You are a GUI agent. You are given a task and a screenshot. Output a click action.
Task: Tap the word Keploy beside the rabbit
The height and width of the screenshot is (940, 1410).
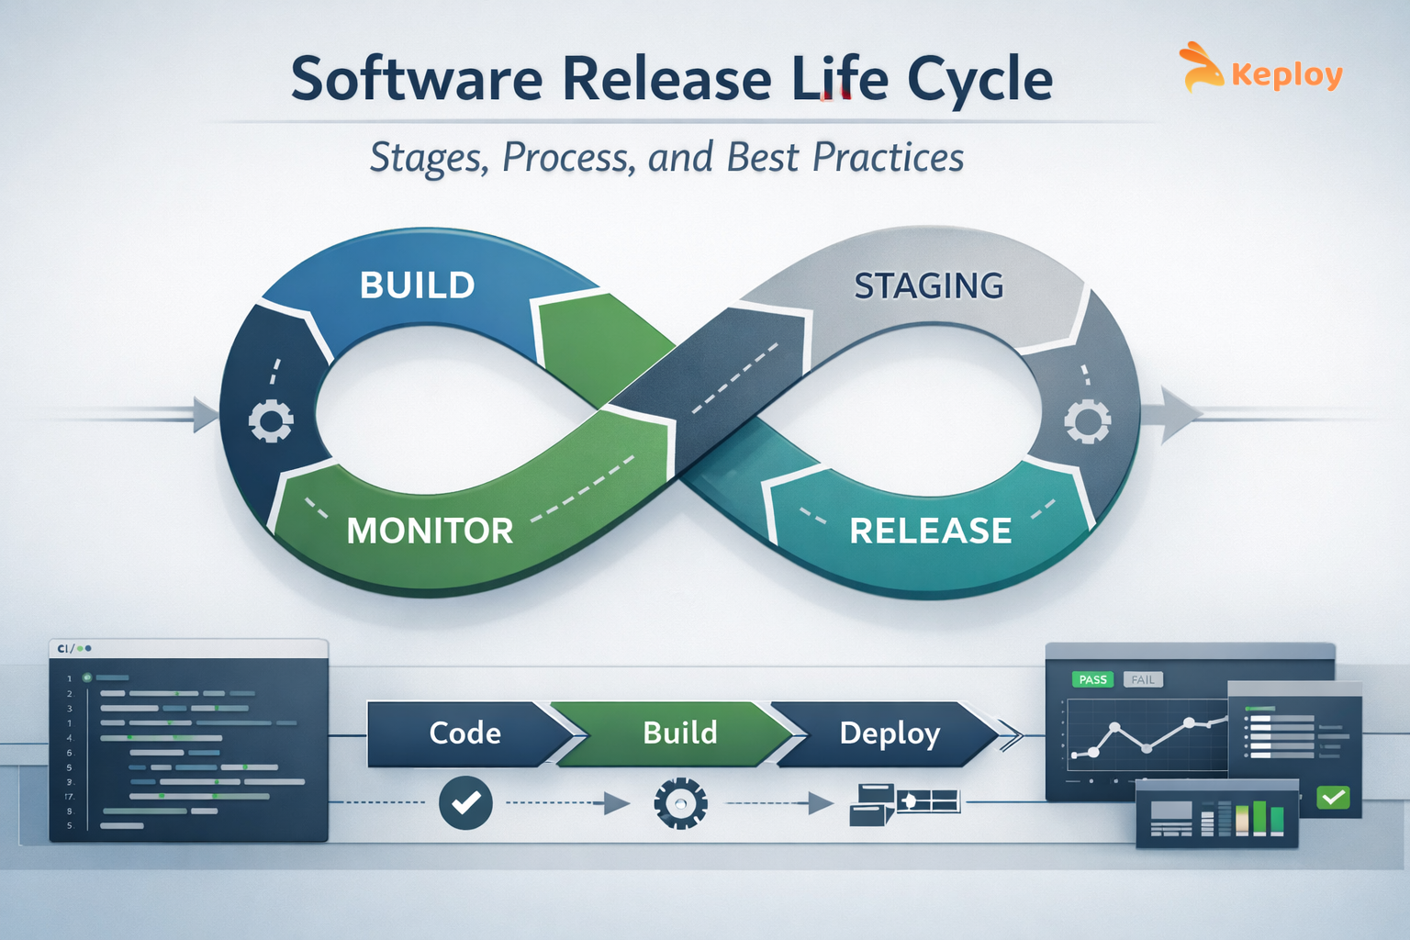1287,74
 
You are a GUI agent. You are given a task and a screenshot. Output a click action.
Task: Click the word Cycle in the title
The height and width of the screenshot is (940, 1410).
979,79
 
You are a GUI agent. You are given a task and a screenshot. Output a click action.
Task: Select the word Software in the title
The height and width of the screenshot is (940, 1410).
417,79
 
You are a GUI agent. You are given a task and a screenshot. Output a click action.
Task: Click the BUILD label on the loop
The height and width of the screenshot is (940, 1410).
417,285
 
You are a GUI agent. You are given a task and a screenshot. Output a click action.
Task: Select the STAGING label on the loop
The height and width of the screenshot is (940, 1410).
929,286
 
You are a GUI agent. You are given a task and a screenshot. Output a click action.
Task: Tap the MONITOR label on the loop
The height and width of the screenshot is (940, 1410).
430,531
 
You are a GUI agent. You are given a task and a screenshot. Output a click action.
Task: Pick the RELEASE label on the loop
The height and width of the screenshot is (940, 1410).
930,531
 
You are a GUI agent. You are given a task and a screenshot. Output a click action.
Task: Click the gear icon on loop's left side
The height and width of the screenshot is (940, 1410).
271,421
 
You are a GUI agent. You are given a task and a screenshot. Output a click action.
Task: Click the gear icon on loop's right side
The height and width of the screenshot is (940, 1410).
1087,421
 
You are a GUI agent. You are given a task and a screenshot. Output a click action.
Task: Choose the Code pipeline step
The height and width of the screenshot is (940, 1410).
465,733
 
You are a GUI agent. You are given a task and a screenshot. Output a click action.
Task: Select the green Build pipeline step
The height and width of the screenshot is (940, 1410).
680,733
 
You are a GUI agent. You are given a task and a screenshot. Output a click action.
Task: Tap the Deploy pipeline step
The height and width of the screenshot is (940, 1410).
890,733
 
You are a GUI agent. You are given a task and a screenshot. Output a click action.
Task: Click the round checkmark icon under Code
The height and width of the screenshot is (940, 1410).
465,803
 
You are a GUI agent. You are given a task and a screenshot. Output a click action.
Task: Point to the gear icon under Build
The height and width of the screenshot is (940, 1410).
680,804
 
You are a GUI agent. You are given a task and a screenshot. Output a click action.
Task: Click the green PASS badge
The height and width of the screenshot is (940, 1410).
1092,679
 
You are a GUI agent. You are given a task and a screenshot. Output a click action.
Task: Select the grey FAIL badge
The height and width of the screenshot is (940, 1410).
1143,679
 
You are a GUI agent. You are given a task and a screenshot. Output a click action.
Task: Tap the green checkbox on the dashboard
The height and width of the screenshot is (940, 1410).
1333,797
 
